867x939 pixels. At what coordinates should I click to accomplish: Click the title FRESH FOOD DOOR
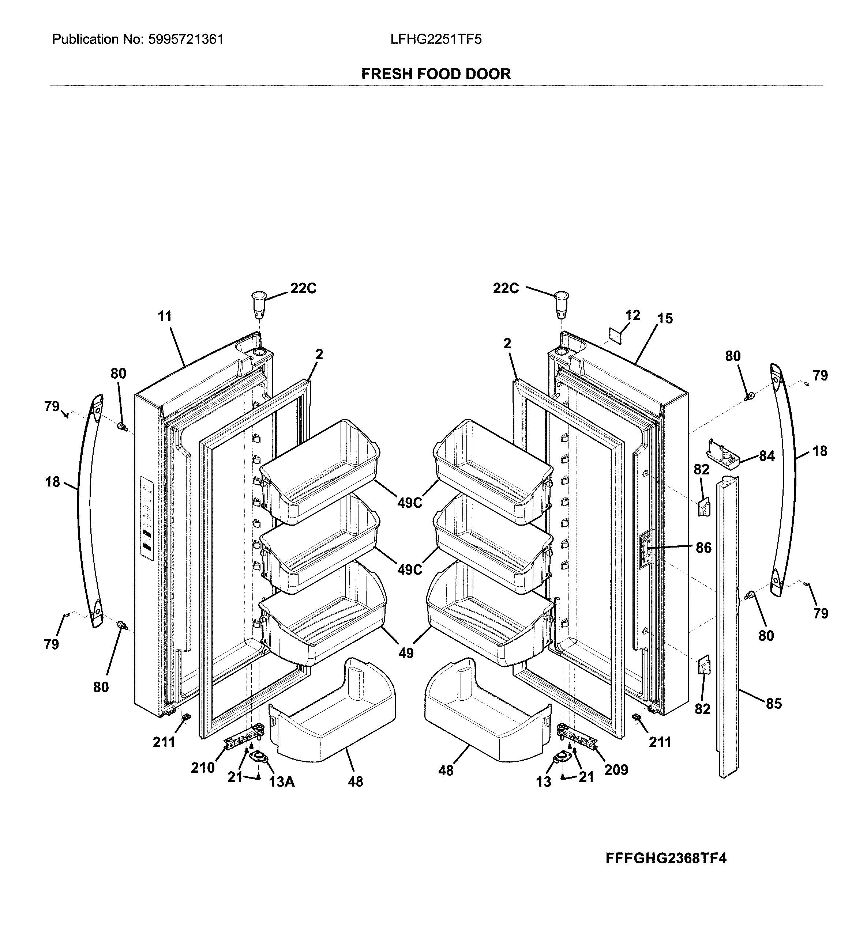tap(436, 74)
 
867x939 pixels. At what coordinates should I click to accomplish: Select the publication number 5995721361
tap(186, 39)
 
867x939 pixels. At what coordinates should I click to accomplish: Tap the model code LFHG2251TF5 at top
tap(436, 39)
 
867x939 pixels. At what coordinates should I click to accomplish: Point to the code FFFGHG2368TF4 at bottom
tap(666, 858)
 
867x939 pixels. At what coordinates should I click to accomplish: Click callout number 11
tap(165, 317)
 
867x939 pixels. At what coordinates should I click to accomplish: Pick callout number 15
tap(665, 318)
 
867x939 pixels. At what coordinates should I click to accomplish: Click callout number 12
tap(633, 315)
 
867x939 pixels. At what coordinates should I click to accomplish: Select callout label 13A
tap(282, 781)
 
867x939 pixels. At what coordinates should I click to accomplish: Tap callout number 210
tap(203, 768)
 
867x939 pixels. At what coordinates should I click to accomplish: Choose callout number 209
tap(616, 769)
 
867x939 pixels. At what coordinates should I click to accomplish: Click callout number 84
tap(767, 456)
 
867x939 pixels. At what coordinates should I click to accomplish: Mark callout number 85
tap(774, 716)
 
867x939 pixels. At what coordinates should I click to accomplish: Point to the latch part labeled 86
tap(646, 549)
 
